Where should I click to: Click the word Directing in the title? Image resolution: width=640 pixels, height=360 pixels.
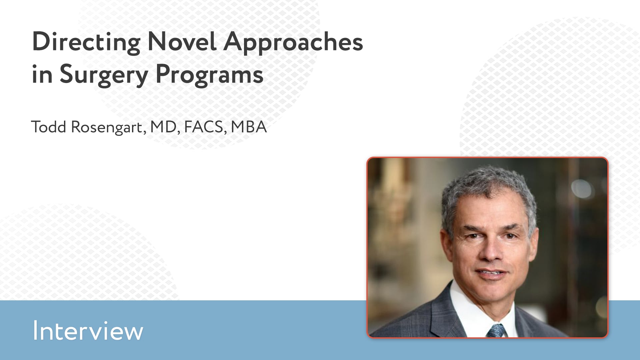pos(86,42)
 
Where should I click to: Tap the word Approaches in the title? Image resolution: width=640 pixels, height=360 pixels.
pos(293,42)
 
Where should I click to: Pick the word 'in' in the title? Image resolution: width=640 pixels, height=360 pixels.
pos(42,74)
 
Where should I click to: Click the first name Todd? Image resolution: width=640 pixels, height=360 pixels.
pos(49,127)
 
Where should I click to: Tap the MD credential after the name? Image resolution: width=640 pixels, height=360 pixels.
pos(163,127)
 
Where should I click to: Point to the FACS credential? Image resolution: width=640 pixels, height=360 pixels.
pos(204,127)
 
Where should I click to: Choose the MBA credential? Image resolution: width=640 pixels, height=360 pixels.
pos(249,127)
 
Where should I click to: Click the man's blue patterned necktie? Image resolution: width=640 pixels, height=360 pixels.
pos(496,331)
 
